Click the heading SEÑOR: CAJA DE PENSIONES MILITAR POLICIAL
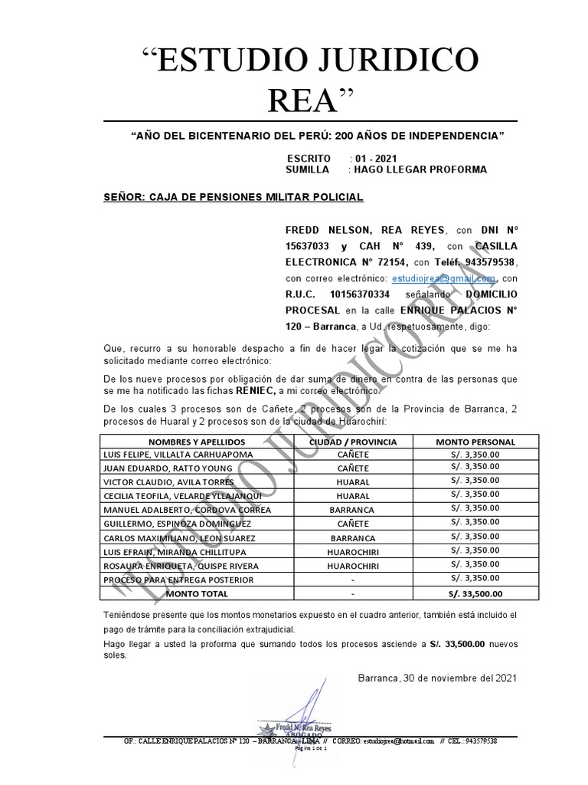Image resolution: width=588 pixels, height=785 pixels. click(x=233, y=197)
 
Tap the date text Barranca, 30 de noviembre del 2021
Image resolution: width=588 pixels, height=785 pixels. click(x=437, y=678)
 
